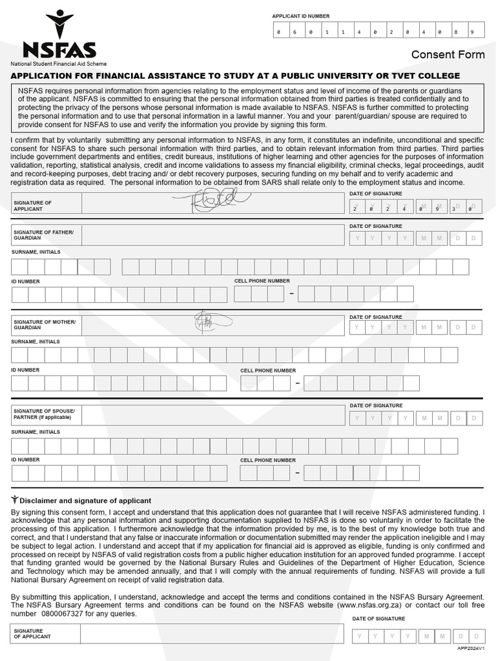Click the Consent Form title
(x=448, y=54)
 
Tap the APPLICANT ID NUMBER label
(x=300, y=16)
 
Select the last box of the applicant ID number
(x=472, y=32)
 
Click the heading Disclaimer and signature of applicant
(x=85, y=500)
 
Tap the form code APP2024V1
(x=470, y=647)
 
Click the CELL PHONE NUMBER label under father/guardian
(x=262, y=281)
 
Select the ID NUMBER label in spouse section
(x=25, y=460)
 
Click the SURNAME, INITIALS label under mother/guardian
(x=36, y=341)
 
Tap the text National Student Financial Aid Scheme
(x=58, y=64)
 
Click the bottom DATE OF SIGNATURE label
(x=378, y=619)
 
